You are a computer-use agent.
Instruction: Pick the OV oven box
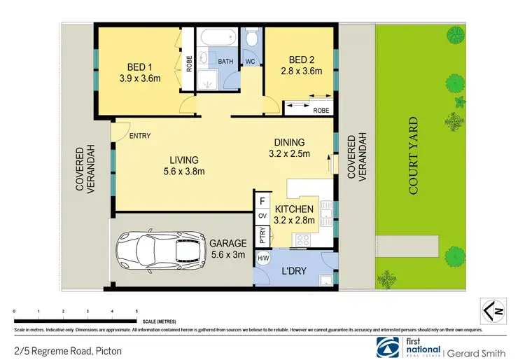[x=262, y=216]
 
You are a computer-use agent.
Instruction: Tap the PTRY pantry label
[x=262, y=237]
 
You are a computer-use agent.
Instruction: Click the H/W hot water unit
[x=263, y=258]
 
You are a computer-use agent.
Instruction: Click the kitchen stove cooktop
[x=302, y=240]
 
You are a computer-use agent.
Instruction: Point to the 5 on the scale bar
[x=136, y=310]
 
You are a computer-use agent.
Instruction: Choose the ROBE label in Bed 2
[x=321, y=110]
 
